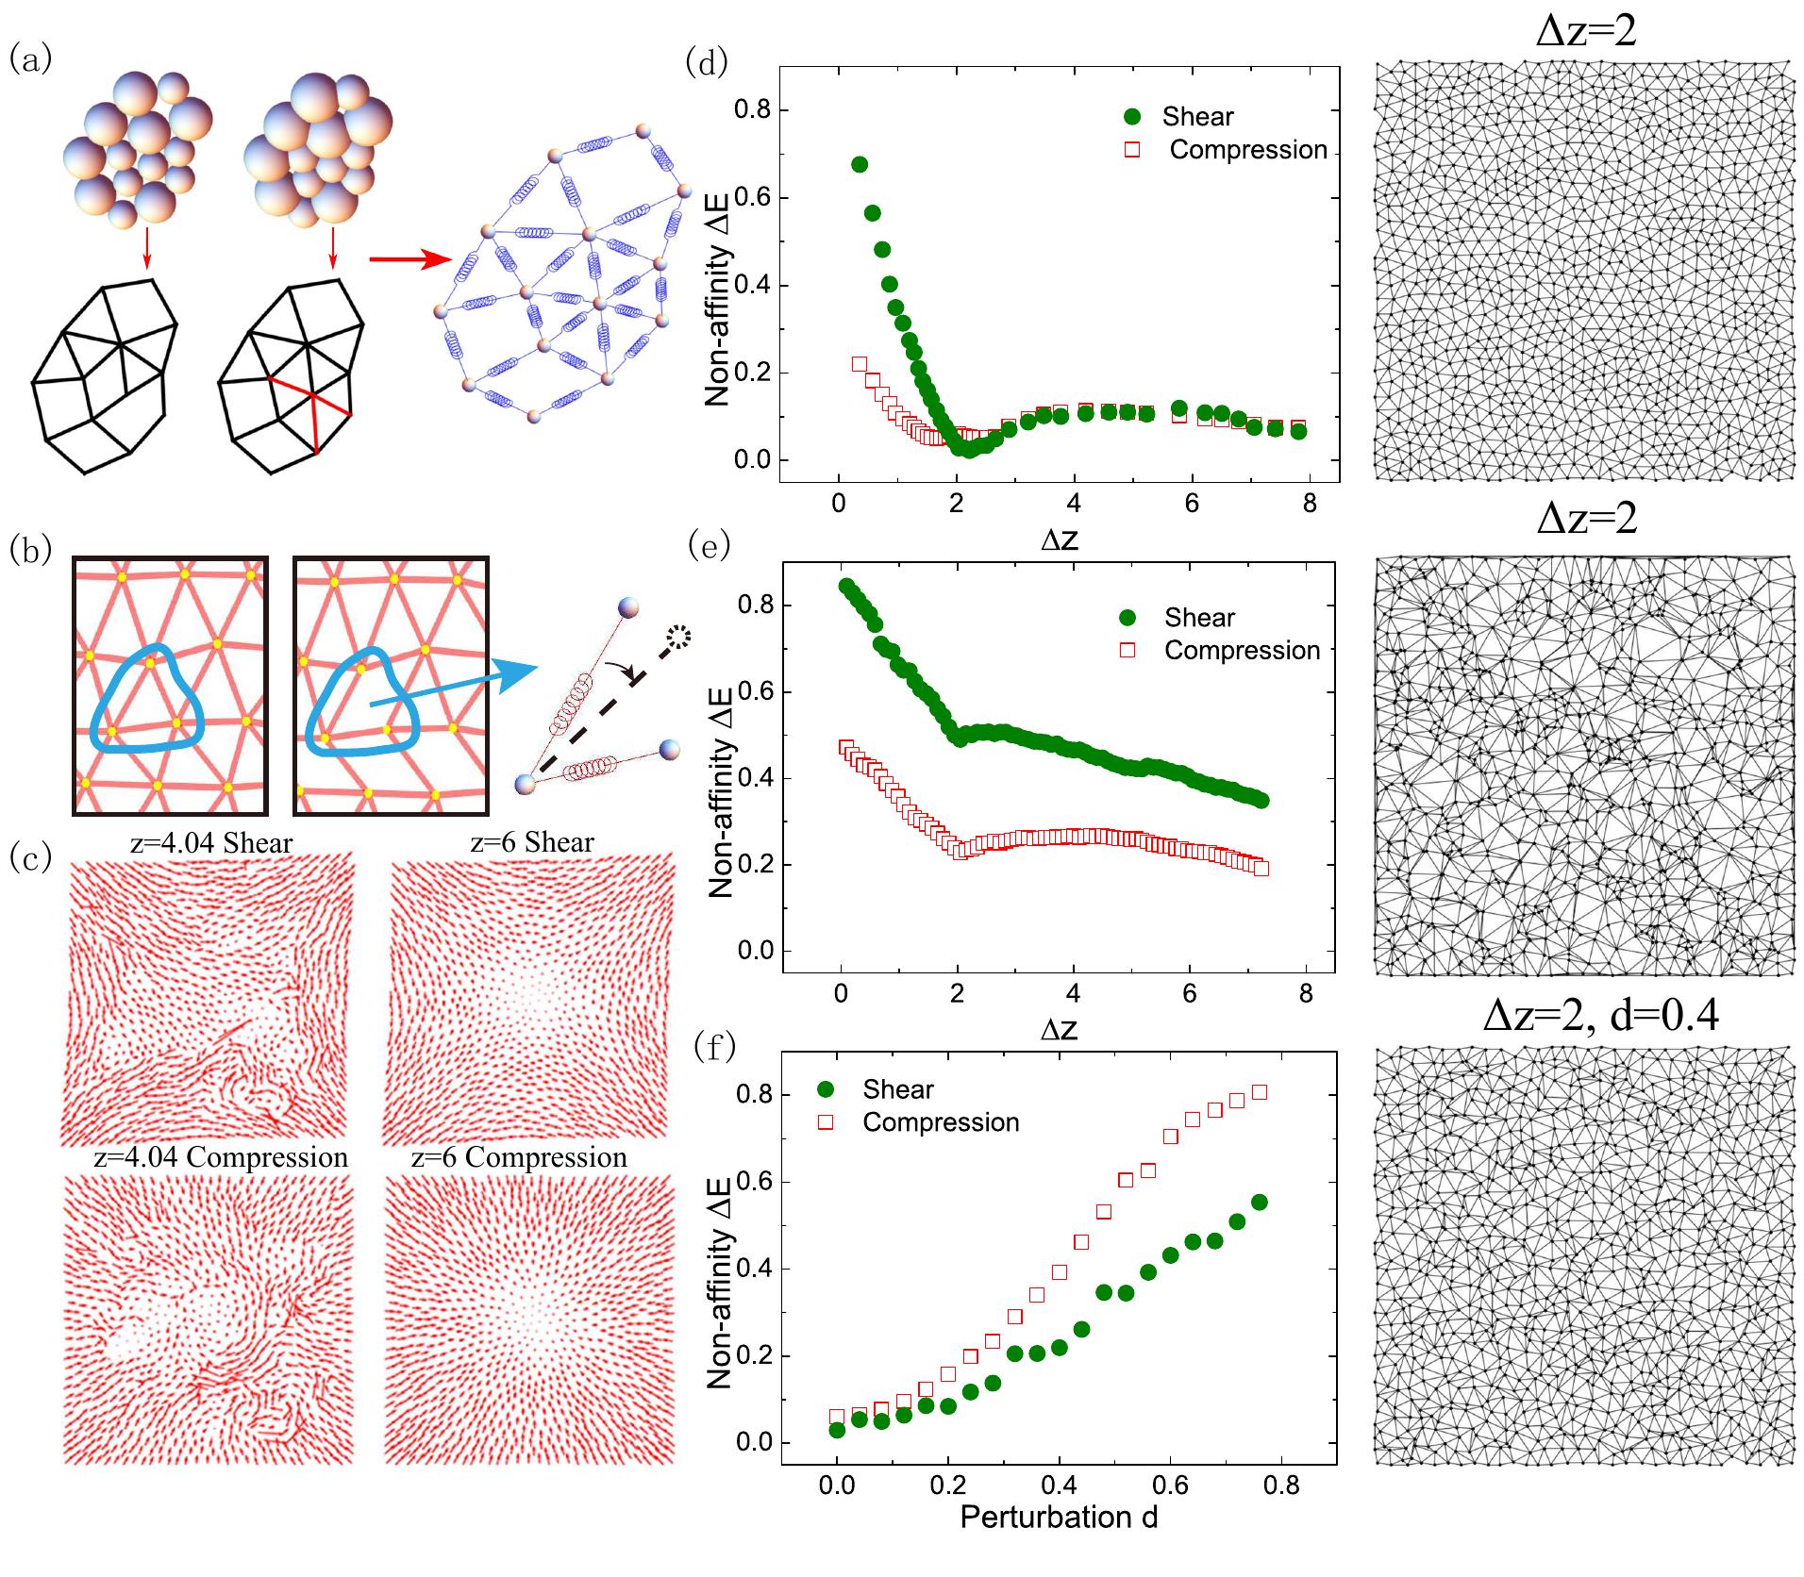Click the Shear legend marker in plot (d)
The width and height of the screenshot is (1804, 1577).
(x=1133, y=117)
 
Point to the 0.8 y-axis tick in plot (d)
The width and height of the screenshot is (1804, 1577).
(x=751, y=110)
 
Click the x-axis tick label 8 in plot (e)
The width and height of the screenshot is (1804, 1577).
(x=1305, y=994)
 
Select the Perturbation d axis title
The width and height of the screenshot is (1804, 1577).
(x=1058, y=1517)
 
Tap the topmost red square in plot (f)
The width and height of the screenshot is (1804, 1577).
(x=1259, y=1092)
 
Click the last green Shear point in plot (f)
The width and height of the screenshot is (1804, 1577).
(x=1259, y=1202)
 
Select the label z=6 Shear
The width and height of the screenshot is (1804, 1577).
(x=531, y=842)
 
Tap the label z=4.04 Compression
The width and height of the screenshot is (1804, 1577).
(x=221, y=1157)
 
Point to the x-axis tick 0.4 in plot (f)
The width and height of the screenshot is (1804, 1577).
(x=1059, y=1486)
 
